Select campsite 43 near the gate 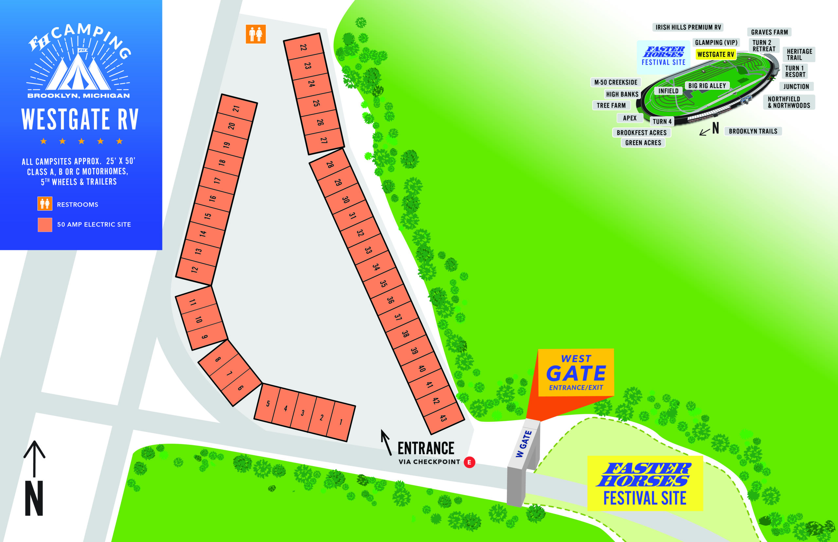[x=444, y=418]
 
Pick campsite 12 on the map [x=195, y=270]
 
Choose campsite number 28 [x=330, y=164]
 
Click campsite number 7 [x=229, y=373]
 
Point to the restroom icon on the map [x=256, y=34]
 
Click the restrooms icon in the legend [x=45, y=204]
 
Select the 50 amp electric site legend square [x=45, y=225]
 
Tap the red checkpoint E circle [x=469, y=462]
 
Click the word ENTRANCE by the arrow [x=426, y=448]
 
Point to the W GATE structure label [x=524, y=444]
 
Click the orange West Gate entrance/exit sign [x=576, y=373]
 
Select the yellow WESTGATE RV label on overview [x=716, y=55]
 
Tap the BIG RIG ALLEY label [x=707, y=85]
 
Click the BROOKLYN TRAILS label [x=753, y=131]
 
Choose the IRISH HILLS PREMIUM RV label [x=688, y=27]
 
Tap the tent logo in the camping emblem [x=78, y=72]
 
